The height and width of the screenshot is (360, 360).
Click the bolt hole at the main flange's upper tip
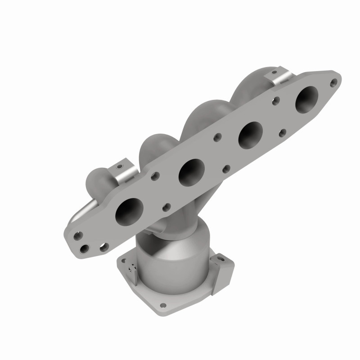333,82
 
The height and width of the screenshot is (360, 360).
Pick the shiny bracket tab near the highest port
282,77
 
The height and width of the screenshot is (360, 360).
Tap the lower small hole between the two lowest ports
167,207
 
